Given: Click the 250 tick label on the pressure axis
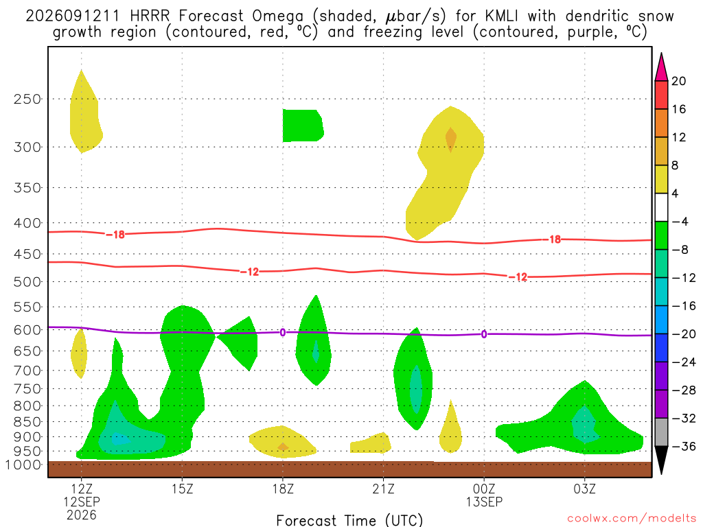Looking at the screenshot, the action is pyautogui.click(x=27, y=99).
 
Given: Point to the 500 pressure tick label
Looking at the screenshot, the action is pyautogui.click(x=27, y=282).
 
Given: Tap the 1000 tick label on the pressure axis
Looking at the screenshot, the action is pyautogui.click(x=24, y=465).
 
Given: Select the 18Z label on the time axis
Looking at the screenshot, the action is pyautogui.click(x=283, y=489).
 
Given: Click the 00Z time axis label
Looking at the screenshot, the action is pyautogui.click(x=484, y=489).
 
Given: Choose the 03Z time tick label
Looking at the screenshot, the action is pyautogui.click(x=585, y=489).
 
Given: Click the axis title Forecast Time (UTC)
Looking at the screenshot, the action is pyautogui.click(x=349, y=520).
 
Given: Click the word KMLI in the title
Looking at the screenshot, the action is pyautogui.click(x=501, y=16).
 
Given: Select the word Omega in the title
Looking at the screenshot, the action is pyautogui.click(x=277, y=17).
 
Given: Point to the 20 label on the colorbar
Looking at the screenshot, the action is pyautogui.click(x=679, y=81).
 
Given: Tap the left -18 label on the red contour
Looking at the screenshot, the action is pyautogui.click(x=115, y=235).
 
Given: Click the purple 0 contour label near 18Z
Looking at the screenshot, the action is pyautogui.click(x=282, y=333).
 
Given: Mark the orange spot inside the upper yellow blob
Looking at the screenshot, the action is pyautogui.click(x=450, y=139).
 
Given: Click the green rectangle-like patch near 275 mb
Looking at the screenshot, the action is pyautogui.click(x=303, y=126).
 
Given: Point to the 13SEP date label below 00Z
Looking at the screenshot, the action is pyautogui.click(x=484, y=502).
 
